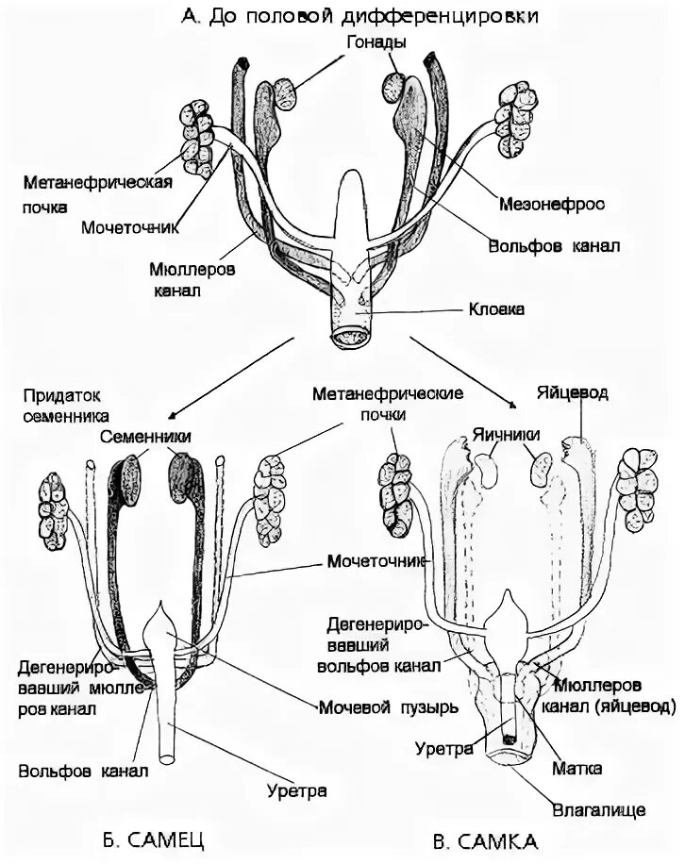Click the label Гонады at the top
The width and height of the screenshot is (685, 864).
[376, 43]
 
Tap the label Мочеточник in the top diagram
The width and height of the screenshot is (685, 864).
[130, 227]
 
